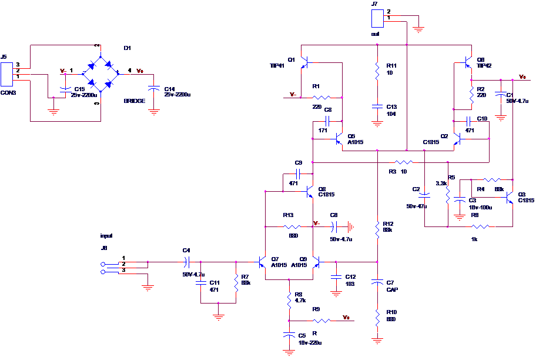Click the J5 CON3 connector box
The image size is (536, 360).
coord(6,75)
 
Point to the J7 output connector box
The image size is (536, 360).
coord(377,19)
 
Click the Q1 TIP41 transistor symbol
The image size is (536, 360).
coord(304,62)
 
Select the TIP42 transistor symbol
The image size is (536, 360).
coord(467,62)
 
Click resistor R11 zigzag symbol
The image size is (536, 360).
coord(378,71)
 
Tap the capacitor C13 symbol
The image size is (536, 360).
coord(378,107)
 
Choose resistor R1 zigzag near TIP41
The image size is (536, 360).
coord(321,98)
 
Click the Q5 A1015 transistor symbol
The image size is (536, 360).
coord(337,139)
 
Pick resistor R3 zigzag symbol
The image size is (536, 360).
coord(404,162)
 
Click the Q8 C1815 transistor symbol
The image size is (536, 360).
coord(309,191)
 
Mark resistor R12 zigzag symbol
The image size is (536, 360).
coord(378,226)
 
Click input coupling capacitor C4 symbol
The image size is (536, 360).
coord(187,262)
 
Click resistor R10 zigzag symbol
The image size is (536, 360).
coord(378,318)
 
